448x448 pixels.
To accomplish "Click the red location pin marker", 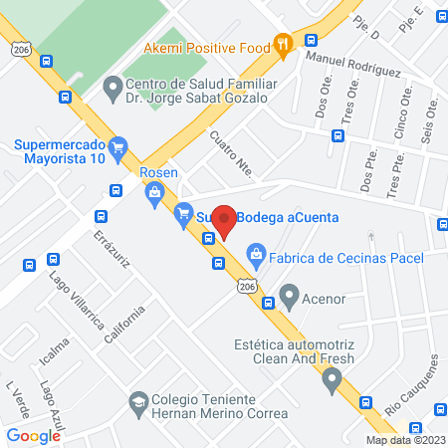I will click(225, 221).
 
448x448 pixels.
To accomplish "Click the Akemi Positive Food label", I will click(207, 47).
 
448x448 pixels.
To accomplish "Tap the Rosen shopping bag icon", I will click(155, 194).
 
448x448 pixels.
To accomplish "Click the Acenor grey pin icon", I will click(289, 295).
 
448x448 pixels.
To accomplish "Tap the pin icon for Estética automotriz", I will click(332, 379).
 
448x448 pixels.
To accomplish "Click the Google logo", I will click(33, 435).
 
